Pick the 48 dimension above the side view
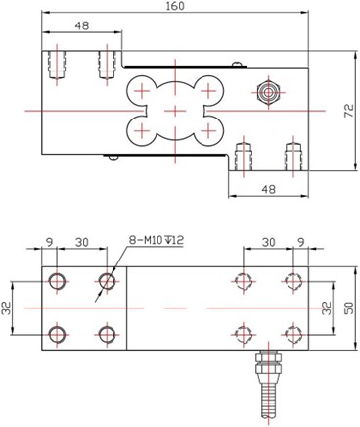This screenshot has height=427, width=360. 82,25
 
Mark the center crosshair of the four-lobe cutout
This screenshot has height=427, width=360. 170,111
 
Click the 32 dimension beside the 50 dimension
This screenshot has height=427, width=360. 326,307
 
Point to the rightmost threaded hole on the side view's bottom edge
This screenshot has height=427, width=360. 290,155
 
